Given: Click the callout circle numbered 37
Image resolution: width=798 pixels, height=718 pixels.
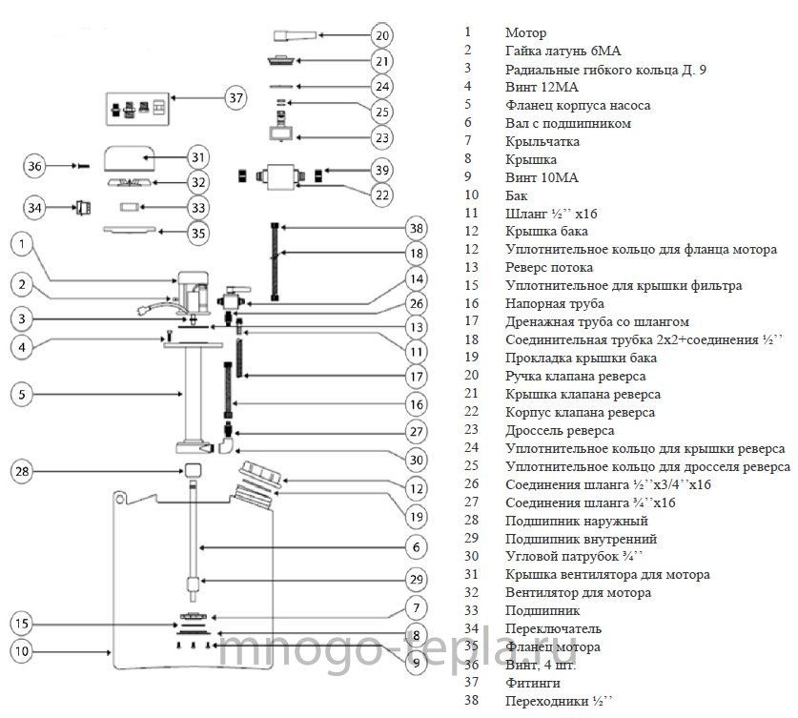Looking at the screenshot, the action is (235, 97).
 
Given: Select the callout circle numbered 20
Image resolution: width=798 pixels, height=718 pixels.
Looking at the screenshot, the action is (382, 35).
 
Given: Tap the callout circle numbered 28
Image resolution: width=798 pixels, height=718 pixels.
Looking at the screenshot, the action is (22, 471).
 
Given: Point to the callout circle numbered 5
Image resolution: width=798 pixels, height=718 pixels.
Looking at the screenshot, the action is (22, 394).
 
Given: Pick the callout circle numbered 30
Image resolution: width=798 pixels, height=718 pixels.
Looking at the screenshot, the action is (417, 460).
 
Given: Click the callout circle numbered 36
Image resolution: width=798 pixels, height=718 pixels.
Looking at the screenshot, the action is (34, 166).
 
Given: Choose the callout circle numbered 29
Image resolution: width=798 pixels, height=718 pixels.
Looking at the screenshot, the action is (417, 579).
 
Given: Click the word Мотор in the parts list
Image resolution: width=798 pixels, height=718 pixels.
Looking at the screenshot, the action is (525, 33).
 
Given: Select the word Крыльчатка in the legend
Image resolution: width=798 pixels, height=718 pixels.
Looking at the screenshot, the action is (542, 141).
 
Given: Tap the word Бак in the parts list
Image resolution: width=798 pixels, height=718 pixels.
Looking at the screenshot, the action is (516, 195).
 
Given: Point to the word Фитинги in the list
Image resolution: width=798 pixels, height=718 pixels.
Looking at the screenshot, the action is (532, 683).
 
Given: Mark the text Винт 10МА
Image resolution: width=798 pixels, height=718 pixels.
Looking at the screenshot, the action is (542, 177).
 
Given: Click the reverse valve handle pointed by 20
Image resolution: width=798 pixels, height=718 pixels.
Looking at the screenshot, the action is (295, 35).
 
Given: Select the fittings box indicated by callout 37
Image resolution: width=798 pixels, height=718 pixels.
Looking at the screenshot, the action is (137, 109).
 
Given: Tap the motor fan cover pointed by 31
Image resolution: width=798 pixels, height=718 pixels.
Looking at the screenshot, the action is (130, 158).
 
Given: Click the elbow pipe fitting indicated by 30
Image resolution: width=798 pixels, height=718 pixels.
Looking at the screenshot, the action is (225, 445).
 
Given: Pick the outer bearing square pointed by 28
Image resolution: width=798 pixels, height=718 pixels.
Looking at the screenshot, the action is (193, 470).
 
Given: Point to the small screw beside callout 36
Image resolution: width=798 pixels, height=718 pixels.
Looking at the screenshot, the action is (81, 166).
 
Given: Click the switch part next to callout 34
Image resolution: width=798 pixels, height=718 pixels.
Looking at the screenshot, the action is (83, 208).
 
